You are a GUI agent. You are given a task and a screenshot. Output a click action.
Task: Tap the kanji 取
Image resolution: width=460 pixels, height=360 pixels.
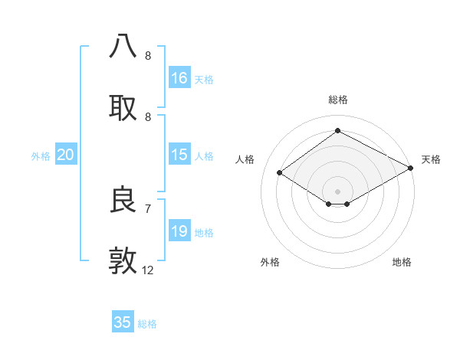tap(123, 107)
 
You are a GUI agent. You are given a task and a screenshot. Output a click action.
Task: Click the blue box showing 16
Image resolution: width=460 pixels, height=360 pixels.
tap(179, 78)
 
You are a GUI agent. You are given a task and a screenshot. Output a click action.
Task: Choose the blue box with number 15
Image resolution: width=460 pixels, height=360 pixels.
tap(179, 155)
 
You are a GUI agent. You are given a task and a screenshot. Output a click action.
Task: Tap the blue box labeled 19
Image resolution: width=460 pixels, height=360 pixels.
tap(179, 231)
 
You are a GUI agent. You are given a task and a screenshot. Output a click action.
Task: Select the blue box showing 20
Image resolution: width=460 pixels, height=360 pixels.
tap(65, 155)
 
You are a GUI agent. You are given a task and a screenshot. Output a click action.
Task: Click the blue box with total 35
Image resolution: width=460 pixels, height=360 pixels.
tap(123, 322)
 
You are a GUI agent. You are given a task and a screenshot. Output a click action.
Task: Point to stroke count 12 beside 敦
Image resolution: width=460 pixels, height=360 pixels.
tap(148, 270)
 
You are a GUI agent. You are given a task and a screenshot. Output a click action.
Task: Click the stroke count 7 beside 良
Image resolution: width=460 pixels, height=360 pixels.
tap(147, 208)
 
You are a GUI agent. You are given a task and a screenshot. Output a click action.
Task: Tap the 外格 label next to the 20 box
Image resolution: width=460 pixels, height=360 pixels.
tap(41, 155)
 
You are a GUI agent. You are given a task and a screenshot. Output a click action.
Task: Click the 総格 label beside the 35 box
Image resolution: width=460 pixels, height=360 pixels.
tap(147, 324)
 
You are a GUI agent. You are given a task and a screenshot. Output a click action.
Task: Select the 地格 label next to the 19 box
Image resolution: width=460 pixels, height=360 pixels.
tap(204, 232)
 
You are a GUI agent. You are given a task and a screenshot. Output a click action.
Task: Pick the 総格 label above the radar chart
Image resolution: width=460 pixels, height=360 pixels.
tap(337, 100)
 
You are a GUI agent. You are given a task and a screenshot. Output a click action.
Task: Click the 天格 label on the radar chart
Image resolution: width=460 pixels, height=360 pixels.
tap(431, 159)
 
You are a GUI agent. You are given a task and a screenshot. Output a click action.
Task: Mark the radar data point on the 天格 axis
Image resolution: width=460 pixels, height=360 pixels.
tap(411, 168)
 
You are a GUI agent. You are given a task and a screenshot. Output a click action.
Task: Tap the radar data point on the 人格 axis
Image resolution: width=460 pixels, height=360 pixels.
tap(280, 173)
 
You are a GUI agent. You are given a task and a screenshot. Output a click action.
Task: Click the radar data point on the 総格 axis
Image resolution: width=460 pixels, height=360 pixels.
tap(337, 131)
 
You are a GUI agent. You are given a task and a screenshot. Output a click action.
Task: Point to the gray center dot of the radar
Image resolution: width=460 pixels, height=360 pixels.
tap(337, 191)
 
